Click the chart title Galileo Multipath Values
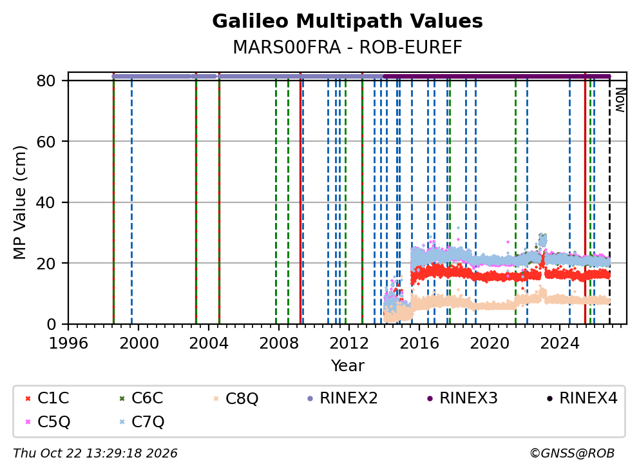coord(347,21)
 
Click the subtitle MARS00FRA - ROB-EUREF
coord(347,47)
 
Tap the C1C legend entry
coord(47,398)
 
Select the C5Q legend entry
coord(48,421)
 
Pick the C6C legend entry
coord(141,398)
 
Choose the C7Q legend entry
coord(142,421)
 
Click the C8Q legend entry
coord(236,398)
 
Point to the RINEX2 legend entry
coord(342,398)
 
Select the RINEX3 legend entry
coord(462,398)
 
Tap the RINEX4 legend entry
coord(582,398)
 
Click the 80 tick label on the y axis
coord(46,81)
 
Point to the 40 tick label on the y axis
coord(46,202)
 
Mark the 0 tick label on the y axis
coord(51,324)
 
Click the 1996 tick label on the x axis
coord(68,343)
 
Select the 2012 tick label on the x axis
coord(349,343)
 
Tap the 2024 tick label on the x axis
coord(560,343)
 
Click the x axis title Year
coord(347,365)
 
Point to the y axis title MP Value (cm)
coord(19,202)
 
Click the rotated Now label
coord(620,100)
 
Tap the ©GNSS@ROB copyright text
coord(572,453)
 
